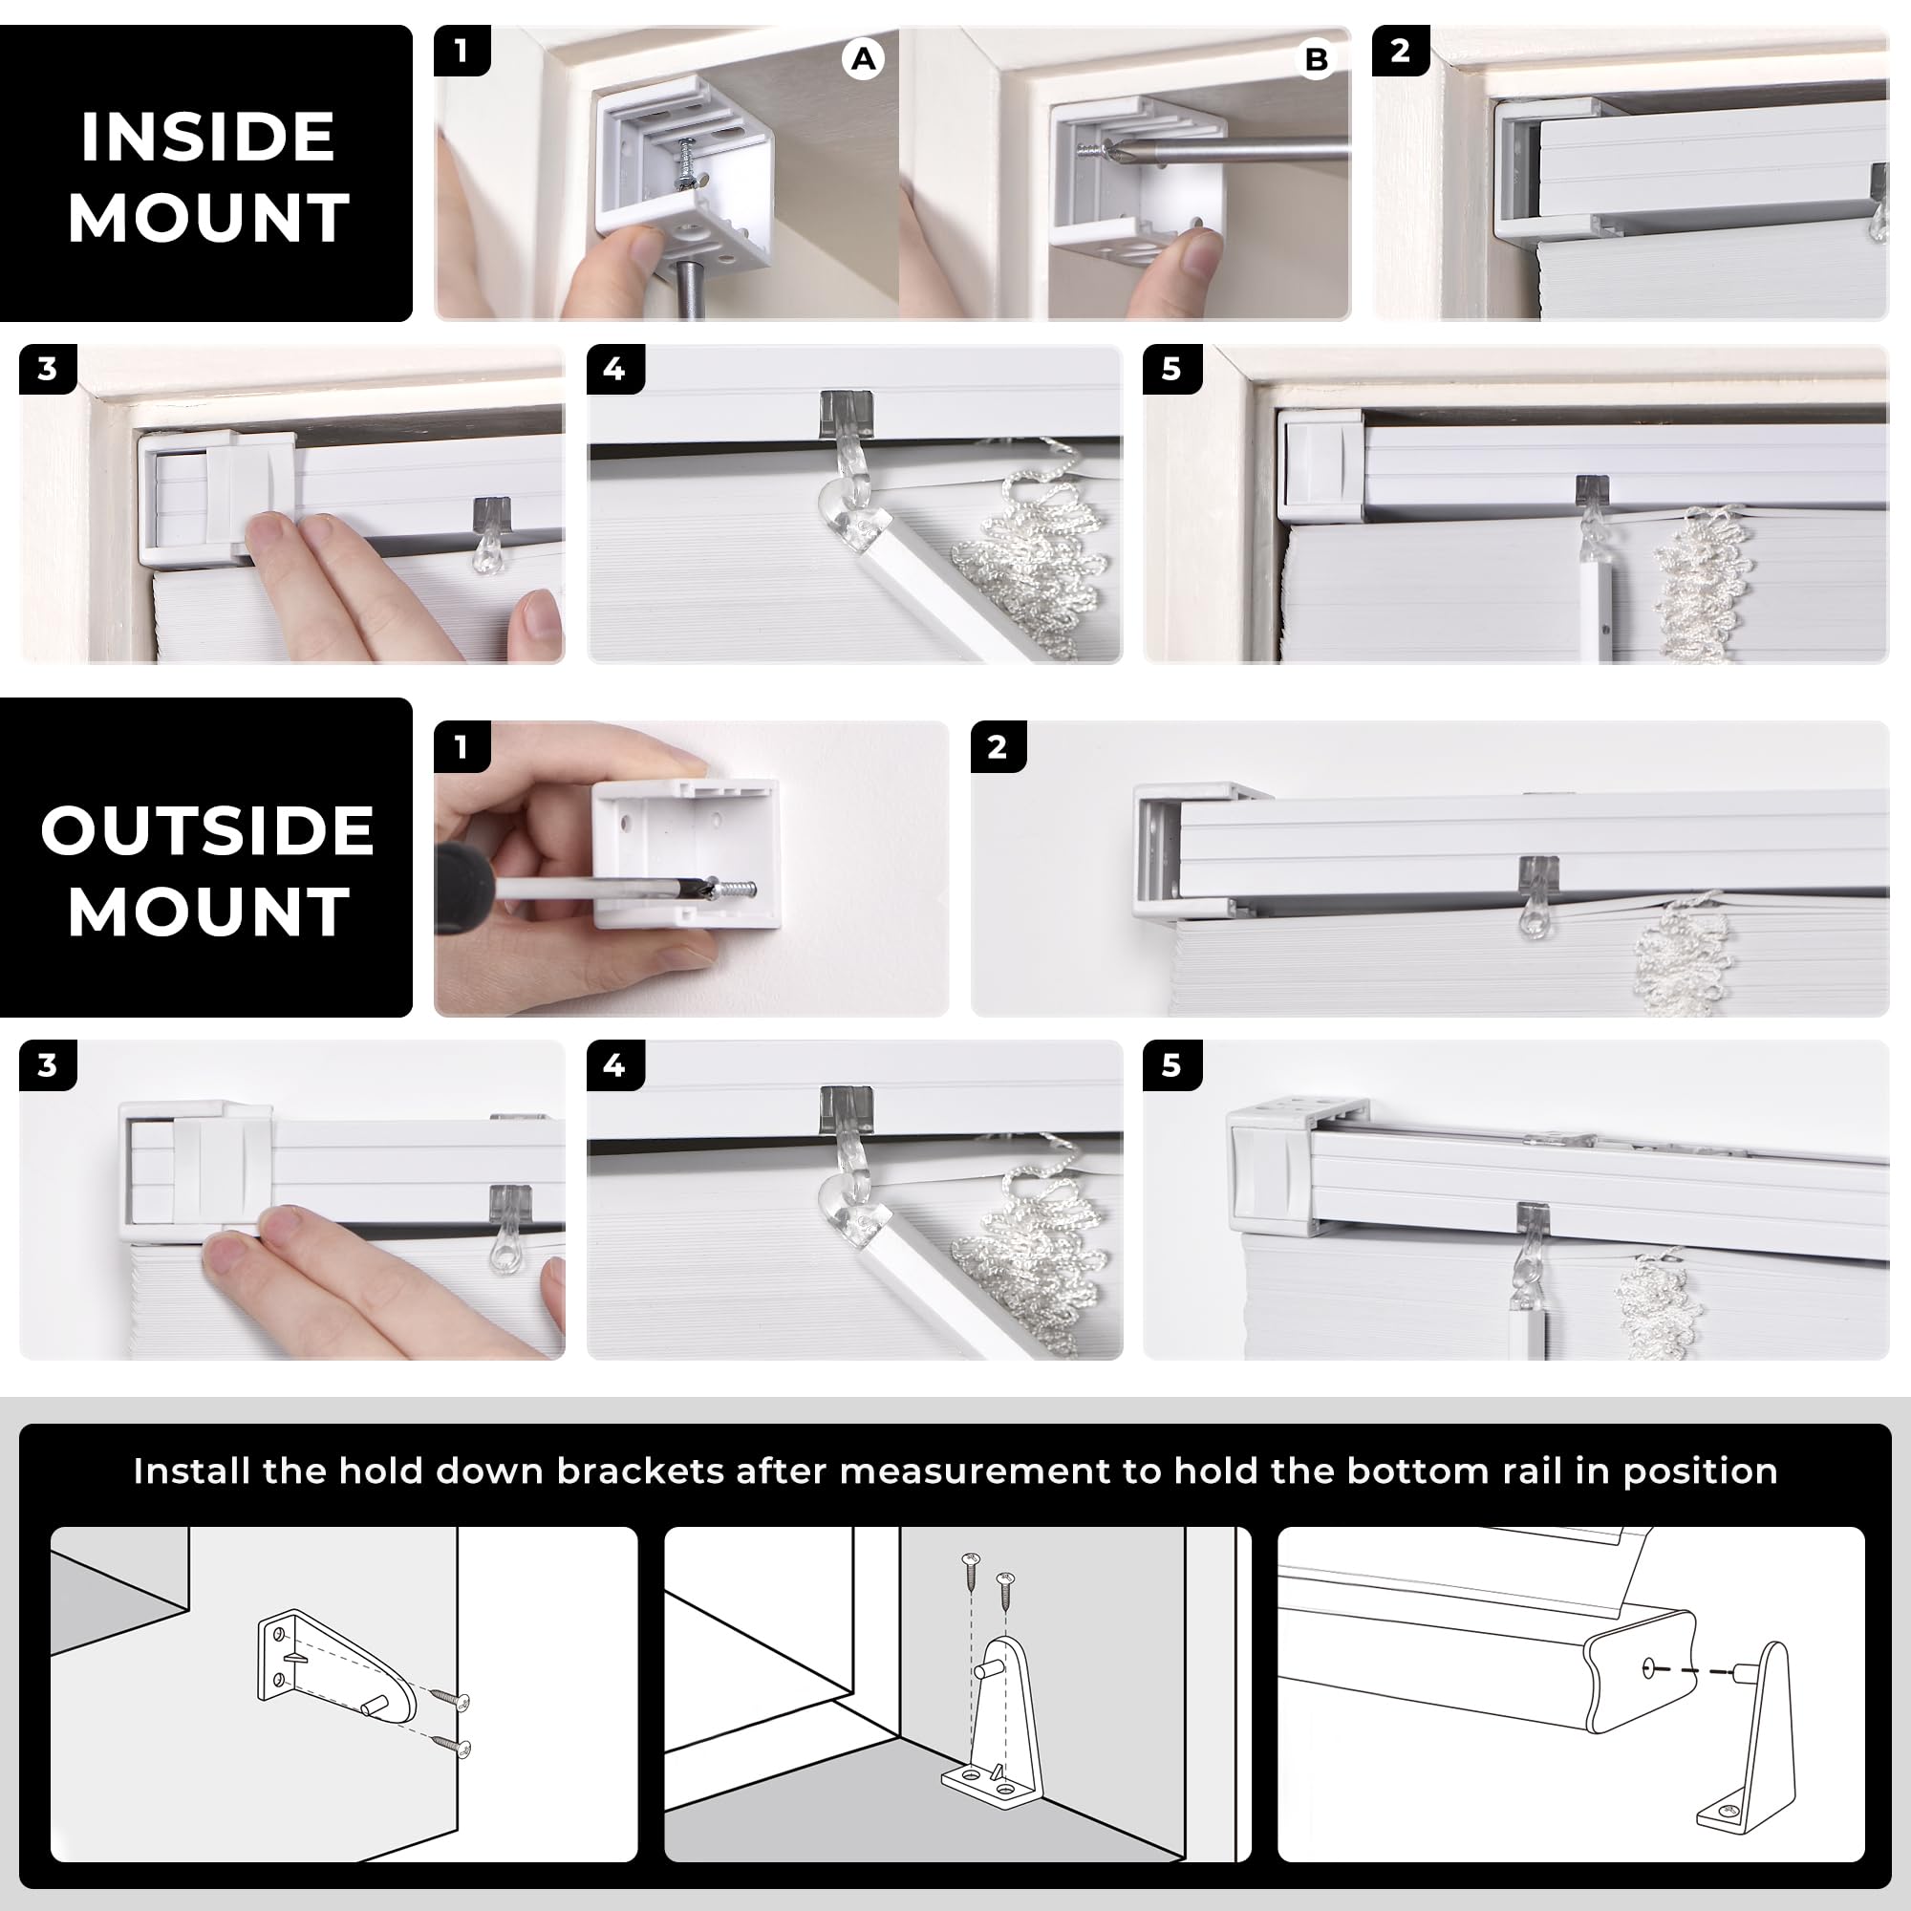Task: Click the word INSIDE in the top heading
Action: tap(207, 137)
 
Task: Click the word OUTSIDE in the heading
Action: tap(207, 831)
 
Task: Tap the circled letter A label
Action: tap(864, 59)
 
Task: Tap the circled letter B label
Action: tap(1316, 60)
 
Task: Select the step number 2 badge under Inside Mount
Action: tap(1401, 51)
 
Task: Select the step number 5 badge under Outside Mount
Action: tap(1172, 1065)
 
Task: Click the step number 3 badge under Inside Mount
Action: tap(48, 370)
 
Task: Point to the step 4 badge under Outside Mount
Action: tap(615, 1065)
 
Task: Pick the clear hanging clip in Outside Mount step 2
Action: tap(1536, 896)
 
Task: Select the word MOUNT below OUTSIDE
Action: tap(207, 911)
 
